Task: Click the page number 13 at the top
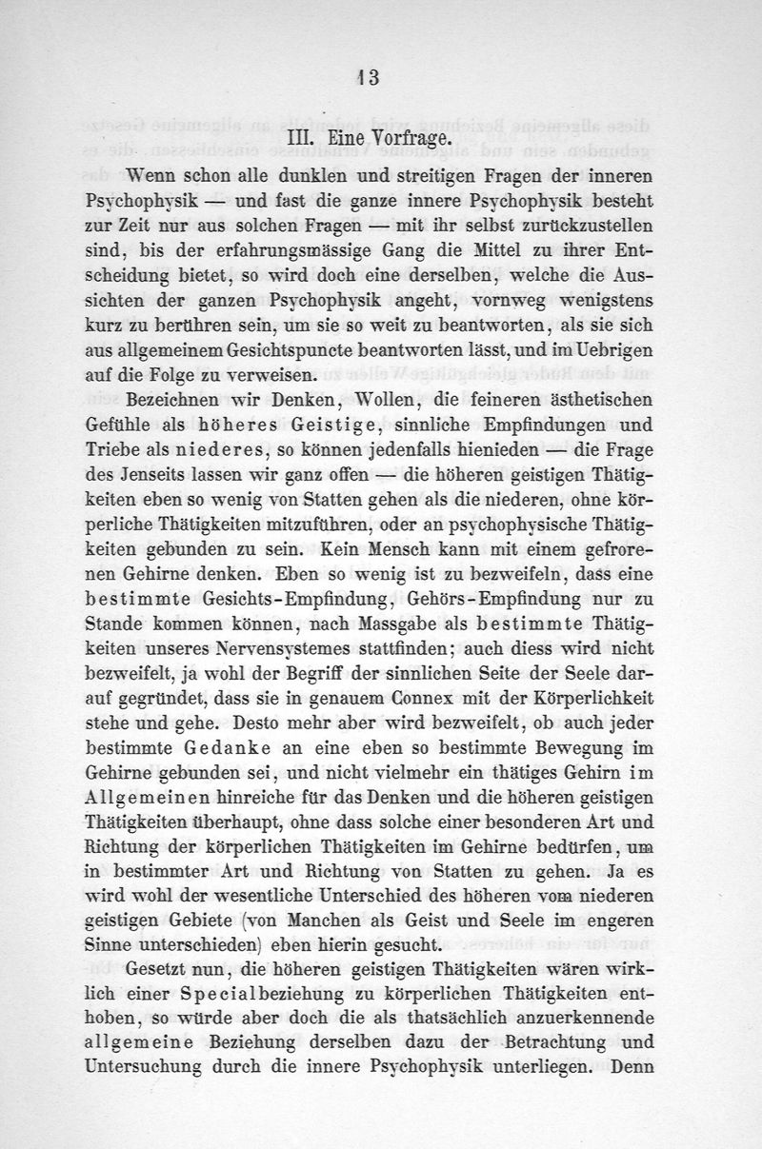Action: [369, 78]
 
